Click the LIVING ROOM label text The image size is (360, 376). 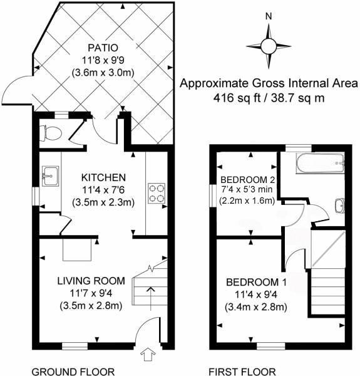[x=92, y=280]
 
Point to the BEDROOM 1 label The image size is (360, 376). [x=257, y=281]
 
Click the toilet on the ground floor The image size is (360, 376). [x=50, y=132]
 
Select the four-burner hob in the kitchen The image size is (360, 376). [x=156, y=192]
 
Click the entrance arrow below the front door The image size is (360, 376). [x=148, y=355]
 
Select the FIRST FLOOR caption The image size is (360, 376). [x=242, y=371]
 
